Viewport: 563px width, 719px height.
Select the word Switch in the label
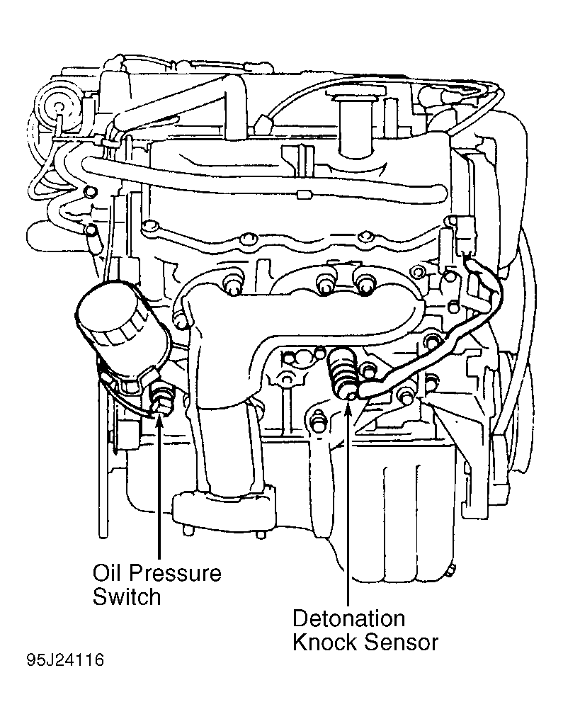[127, 597]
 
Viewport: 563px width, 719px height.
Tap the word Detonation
[349, 618]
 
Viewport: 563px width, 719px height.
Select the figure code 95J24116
[66, 660]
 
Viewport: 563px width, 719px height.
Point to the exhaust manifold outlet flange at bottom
[224, 509]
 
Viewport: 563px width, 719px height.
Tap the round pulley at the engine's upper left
[57, 106]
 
